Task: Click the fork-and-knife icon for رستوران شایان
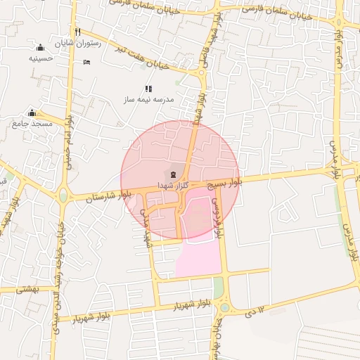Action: [78, 32]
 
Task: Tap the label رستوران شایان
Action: [101, 43]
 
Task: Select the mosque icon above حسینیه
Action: [40, 48]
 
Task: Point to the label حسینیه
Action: [42, 58]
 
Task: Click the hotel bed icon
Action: [86, 62]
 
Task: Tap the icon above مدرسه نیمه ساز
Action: [148, 89]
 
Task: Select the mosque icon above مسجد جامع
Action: [32, 113]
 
